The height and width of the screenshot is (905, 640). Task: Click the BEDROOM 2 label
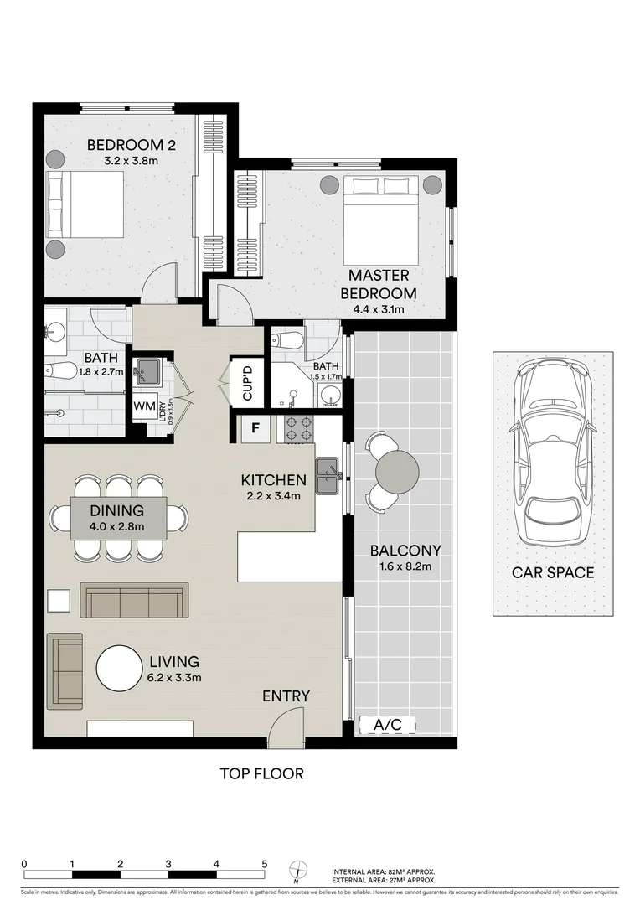(x=132, y=145)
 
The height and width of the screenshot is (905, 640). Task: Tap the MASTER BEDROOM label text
(x=379, y=284)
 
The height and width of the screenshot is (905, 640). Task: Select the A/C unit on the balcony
(x=387, y=725)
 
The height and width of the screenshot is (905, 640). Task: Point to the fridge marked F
(x=256, y=432)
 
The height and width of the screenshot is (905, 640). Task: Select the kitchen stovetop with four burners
(x=299, y=430)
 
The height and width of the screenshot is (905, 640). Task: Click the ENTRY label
(x=286, y=696)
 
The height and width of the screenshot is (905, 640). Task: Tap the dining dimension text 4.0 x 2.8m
(x=117, y=527)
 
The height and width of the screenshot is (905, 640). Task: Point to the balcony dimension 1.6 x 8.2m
(x=405, y=567)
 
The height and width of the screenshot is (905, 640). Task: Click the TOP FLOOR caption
(x=261, y=773)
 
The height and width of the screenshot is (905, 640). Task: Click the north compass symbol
(x=296, y=871)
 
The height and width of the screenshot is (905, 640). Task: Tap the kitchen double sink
(x=327, y=474)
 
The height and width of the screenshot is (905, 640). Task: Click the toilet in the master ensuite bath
(x=287, y=341)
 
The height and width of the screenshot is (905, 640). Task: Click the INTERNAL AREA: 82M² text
(x=384, y=871)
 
